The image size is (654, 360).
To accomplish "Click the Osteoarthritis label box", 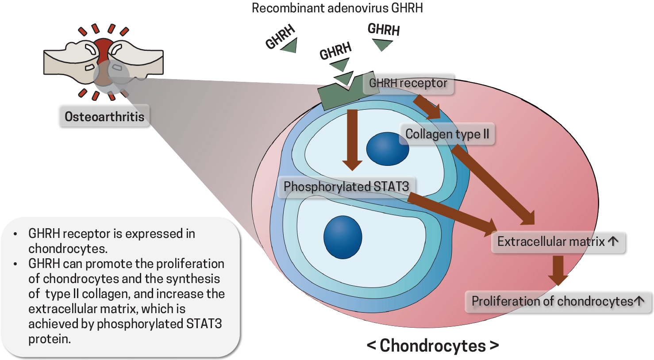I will click(104, 116).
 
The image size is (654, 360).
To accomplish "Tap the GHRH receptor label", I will click(408, 83).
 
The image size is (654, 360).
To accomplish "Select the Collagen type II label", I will click(447, 134).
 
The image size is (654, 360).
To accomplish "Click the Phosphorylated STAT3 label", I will click(346, 187).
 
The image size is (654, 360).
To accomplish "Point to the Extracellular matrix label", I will click(558, 241).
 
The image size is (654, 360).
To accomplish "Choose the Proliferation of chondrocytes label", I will click(558, 302).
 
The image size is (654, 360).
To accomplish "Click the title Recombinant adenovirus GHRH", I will click(337, 8).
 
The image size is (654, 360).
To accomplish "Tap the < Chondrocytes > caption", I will click(433, 345).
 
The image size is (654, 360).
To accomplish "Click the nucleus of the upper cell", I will click(388, 149).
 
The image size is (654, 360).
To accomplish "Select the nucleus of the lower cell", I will click(342, 237).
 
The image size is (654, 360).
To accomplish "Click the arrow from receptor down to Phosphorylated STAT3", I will click(352, 139).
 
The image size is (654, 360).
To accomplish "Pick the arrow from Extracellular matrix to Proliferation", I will click(558, 270).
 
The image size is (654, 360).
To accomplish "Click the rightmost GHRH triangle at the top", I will click(382, 44).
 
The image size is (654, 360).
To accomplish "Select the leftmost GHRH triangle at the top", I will click(289, 46).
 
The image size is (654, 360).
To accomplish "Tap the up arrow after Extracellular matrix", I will click(613, 241).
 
